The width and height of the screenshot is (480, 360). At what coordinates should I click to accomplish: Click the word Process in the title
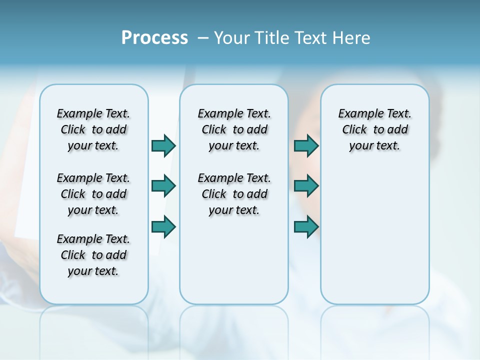coord(154,38)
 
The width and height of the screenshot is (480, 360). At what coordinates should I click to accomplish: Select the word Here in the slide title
coord(351,38)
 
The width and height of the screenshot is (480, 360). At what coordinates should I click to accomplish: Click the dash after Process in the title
coord(203,38)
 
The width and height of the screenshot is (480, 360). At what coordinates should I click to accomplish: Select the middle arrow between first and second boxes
coord(163,186)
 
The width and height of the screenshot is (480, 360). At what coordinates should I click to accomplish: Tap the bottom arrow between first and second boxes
coord(163,227)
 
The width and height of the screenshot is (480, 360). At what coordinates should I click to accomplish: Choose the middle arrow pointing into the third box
coord(306,186)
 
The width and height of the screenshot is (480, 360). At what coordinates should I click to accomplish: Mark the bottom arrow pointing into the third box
coord(306,227)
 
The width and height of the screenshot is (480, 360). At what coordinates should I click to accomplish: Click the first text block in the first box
coord(93,129)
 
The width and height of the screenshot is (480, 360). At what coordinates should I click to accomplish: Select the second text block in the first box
coord(93,194)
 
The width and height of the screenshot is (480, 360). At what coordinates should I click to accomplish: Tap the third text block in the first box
coord(93,255)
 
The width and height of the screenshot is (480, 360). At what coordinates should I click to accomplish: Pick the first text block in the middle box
coord(234,129)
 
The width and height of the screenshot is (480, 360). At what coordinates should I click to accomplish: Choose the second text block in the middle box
coord(234,194)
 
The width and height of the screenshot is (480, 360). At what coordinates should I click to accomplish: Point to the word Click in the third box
coord(354,130)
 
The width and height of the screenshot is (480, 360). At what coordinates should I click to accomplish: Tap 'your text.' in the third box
coord(374,146)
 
